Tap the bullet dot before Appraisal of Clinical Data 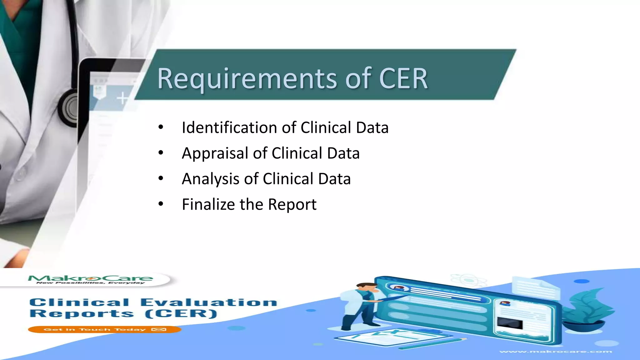(x=161, y=153)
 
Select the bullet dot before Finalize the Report (x=161, y=204)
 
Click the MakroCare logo (x=91, y=279)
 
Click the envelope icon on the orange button (x=159, y=329)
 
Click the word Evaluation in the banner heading (x=209, y=302)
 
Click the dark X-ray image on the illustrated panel (x=510, y=323)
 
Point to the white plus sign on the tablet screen (x=122, y=98)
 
